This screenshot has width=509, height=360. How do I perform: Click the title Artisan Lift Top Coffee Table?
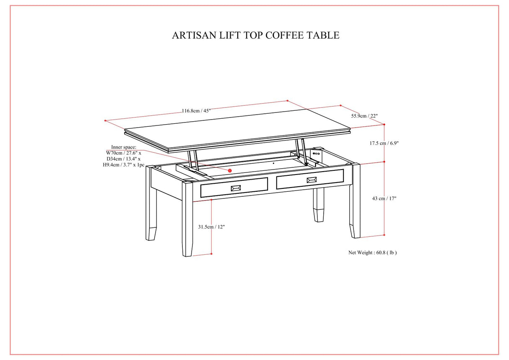(255, 35)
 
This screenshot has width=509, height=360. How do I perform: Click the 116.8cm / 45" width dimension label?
(196, 111)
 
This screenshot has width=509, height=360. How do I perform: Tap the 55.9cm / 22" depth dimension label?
(364, 116)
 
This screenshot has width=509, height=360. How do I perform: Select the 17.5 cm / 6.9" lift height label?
(384, 143)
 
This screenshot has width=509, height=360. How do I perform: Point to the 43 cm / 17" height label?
(384, 198)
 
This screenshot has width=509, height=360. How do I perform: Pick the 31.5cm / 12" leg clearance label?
(211, 227)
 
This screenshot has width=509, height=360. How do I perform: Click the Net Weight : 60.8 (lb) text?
(372, 253)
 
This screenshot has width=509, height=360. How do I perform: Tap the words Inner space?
(124, 147)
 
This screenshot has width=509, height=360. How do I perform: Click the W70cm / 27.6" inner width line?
(123, 153)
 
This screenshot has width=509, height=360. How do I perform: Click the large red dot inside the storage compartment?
(230, 170)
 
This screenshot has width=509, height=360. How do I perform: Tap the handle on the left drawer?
(236, 188)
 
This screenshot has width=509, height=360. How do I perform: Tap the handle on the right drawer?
(311, 180)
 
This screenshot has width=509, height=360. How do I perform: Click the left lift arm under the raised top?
(193, 162)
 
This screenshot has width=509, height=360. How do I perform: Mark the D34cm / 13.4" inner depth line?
(123, 159)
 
